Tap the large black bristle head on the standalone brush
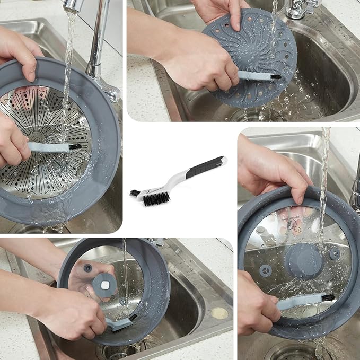point(156,198)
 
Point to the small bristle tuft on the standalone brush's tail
point(135,193)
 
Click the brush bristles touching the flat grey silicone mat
point(275,76)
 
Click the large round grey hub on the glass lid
point(304,260)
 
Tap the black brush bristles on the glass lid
point(328,297)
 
